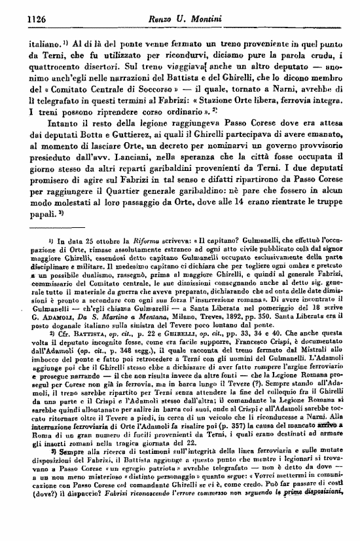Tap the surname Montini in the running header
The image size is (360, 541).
[x=206, y=19]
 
